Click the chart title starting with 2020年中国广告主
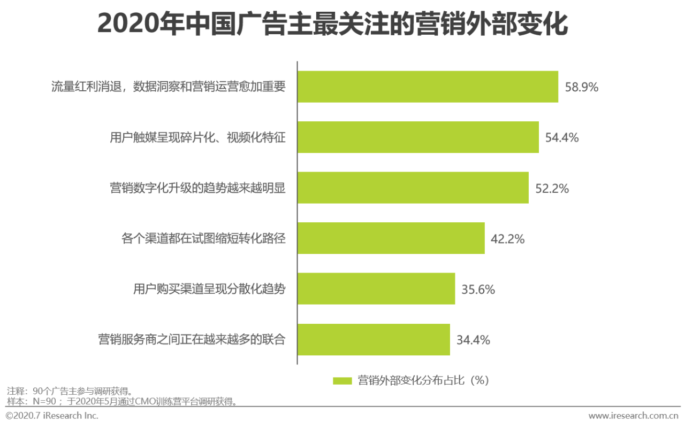coord(332,25)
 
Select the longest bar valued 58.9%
coord(428,87)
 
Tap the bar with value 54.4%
coord(418,137)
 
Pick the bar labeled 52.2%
coord(413,188)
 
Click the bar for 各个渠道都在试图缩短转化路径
coord(391,238)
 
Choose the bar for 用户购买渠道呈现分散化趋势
coord(376,289)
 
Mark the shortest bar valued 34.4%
coord(374,339)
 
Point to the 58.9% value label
coord(581,87)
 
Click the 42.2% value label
coord(507,239)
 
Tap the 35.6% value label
coord(478,290)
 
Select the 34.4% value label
coord(473,340)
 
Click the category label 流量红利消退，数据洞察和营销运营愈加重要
coord(168,87)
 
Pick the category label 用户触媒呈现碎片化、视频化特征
coord(197,138)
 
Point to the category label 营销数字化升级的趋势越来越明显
coord(197,188)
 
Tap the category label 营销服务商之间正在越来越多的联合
coord(192,340)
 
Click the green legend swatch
coord(342,381)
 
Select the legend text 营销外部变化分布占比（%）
coord(423,380)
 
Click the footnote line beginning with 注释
coord(70,391)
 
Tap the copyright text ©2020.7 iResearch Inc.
coord(52,416)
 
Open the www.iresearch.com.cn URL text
coord(633,416)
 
